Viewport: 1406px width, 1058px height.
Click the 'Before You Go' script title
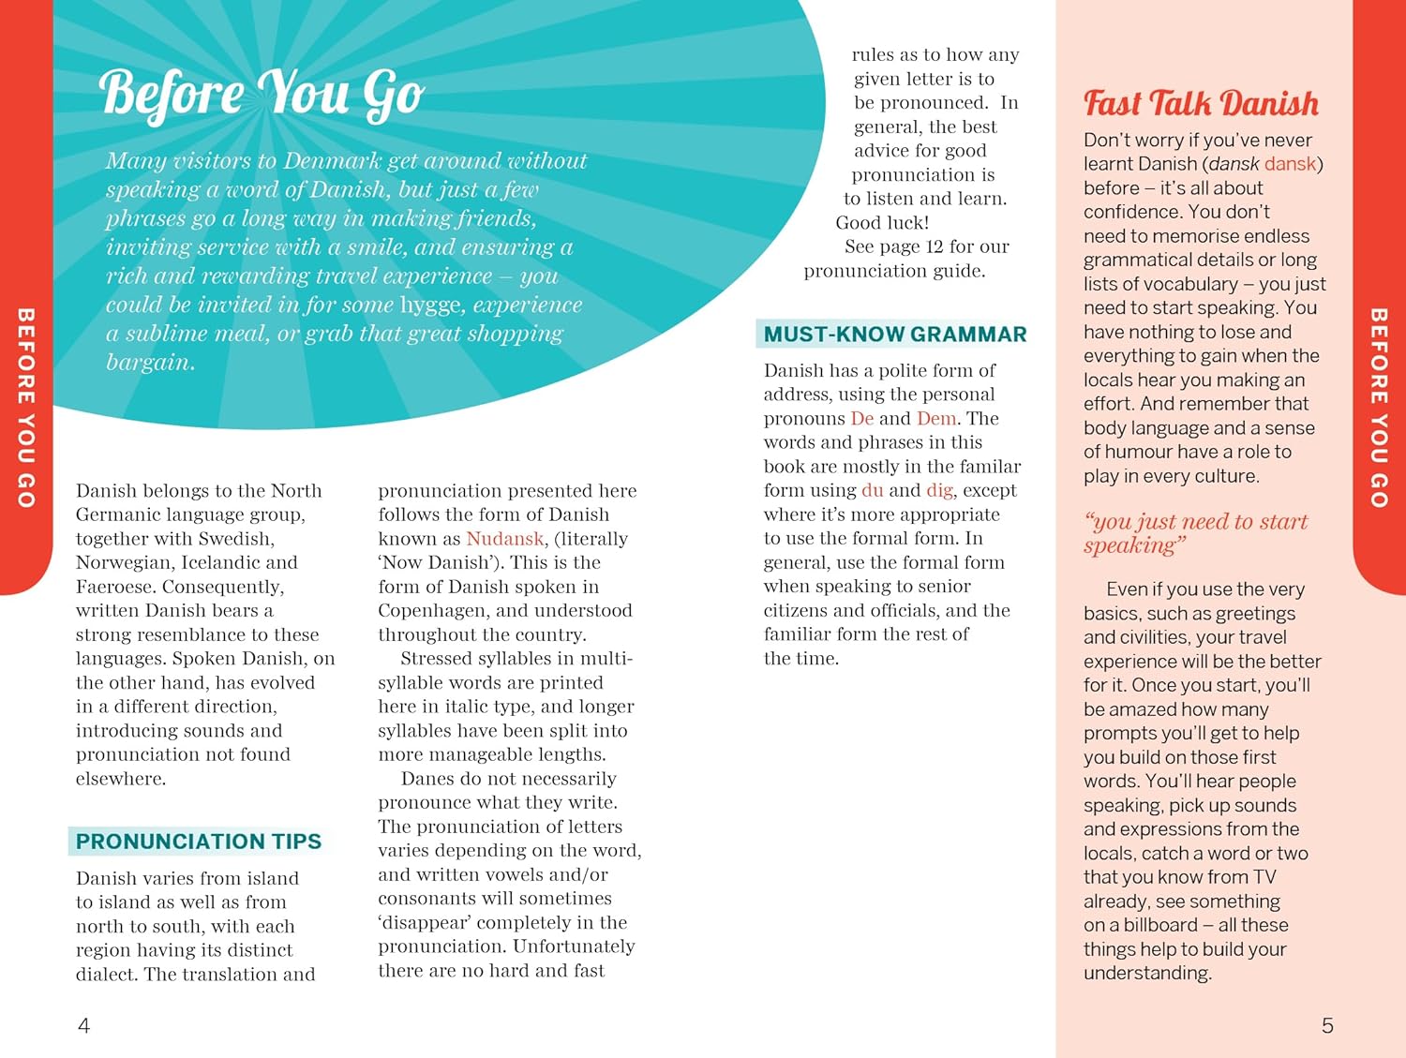click(262, 94)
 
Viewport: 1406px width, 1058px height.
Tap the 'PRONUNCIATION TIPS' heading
click(198, 842)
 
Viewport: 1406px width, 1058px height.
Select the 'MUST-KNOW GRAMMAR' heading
click(894, 335)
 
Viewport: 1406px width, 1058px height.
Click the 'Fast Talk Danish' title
click(1201, 103)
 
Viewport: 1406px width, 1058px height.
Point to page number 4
click(83, 1026)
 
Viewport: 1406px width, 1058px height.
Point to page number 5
click(1326, 1026)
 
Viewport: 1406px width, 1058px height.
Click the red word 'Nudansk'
click(504, 539)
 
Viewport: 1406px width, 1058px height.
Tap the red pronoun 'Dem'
click(935, 419)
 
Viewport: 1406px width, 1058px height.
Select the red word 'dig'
click(938, 490)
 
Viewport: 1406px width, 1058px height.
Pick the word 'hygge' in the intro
click(431, 305)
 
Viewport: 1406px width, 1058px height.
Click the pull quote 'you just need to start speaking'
click(1194, 533)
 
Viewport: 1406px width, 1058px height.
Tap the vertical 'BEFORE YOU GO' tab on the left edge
click(25, 408)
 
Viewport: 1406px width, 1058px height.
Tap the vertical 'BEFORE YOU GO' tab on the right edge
click(1379, 408)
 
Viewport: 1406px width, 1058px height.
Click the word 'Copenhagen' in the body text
click(431, 611)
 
